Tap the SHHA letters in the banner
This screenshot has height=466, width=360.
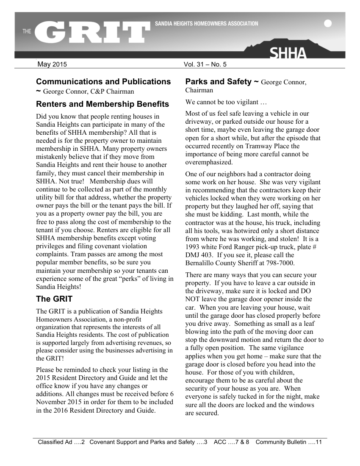(x=288, y=54)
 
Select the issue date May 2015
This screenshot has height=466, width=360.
(x=52, y=65)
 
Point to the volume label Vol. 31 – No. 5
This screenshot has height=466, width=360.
(x=205, y=65)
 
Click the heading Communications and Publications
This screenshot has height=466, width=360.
(x=103, y=82)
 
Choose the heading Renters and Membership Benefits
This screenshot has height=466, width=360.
(x=102, y=104)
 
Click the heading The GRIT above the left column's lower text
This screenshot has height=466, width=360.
(x=54, y=299)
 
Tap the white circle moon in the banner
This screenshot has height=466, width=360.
(x=328, y=24)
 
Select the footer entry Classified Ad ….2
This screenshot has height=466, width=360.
(x=61, y=443)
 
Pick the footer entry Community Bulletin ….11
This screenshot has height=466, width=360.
(x=289, y=443)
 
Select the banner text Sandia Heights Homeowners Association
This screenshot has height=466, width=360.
(x=206, y=24)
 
